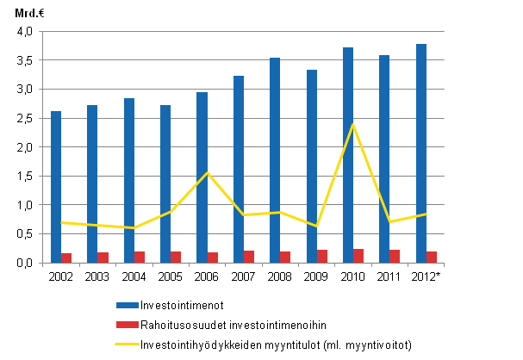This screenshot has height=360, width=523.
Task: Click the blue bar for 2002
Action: click(56, 186)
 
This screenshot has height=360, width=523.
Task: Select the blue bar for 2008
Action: click(275, 159)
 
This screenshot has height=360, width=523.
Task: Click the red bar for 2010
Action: click(359, 256)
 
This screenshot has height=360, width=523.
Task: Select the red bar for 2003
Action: click(103, 258)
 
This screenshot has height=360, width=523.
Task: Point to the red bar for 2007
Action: click(250, 257)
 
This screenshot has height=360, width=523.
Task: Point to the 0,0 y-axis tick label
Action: click(24, 263)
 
